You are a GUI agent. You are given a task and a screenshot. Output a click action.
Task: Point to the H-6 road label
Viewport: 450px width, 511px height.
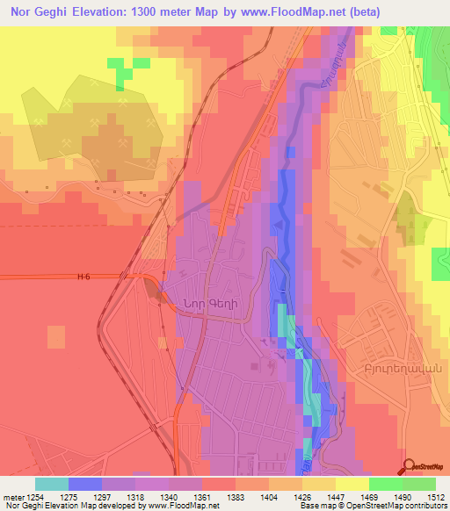coord(83,277)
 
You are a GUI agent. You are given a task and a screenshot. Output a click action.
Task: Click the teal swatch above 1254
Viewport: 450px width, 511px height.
coord(51,483)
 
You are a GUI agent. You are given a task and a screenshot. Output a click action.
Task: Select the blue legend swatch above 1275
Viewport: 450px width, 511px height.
coord(84,483)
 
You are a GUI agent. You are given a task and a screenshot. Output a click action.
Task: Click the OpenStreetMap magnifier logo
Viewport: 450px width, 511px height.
coord(410,465)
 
